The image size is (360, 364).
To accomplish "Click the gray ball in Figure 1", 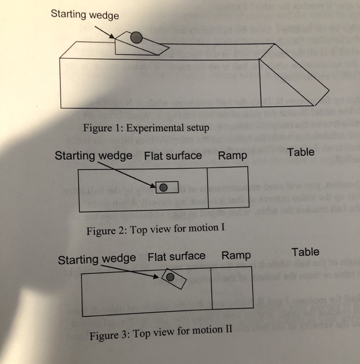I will pyautogui.click(x=136, y=37).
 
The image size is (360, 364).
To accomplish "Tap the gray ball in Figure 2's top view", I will pyautogui.click(x=163, y=187).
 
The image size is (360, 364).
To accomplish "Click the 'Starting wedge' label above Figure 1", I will pyautogui.click(x=85, y=15).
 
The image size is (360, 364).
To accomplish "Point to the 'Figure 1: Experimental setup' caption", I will pyautogui.click(x=146, y=127).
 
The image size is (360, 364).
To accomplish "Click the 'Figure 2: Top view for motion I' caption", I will pyautogui.click(x=155, y=230).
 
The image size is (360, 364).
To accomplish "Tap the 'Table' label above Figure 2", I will pyautogui.click(x=301, y=152).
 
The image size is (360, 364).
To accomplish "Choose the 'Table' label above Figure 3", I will pyautogui.click(x=305, y=252).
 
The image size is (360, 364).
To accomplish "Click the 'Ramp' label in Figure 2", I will pyautogui.click(x=233, y=155).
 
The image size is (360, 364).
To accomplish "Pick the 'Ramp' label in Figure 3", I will pyautogui.click(x=236, y=256).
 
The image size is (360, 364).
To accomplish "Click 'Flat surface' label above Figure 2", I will pyautogui.click(x=173, y=155).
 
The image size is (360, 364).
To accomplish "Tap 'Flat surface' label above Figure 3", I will pyautogui.click(x=176, y=256).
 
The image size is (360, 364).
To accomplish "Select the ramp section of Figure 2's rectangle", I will pyautogui.click(x=227, y=190).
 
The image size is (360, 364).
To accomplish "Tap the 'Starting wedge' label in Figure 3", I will pyautogui.click(x=97, y=259).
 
